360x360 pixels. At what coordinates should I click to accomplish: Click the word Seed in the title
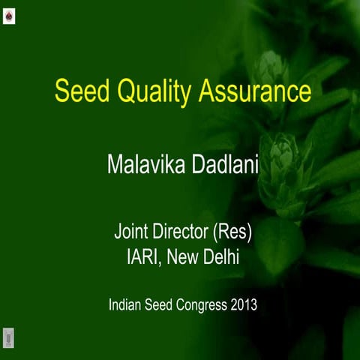[76, 91]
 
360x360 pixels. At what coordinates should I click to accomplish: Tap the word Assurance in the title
[254, 91]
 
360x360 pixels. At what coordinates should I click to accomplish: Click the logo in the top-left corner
[9, 14]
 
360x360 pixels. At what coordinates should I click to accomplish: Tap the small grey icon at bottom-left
[9, 336]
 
